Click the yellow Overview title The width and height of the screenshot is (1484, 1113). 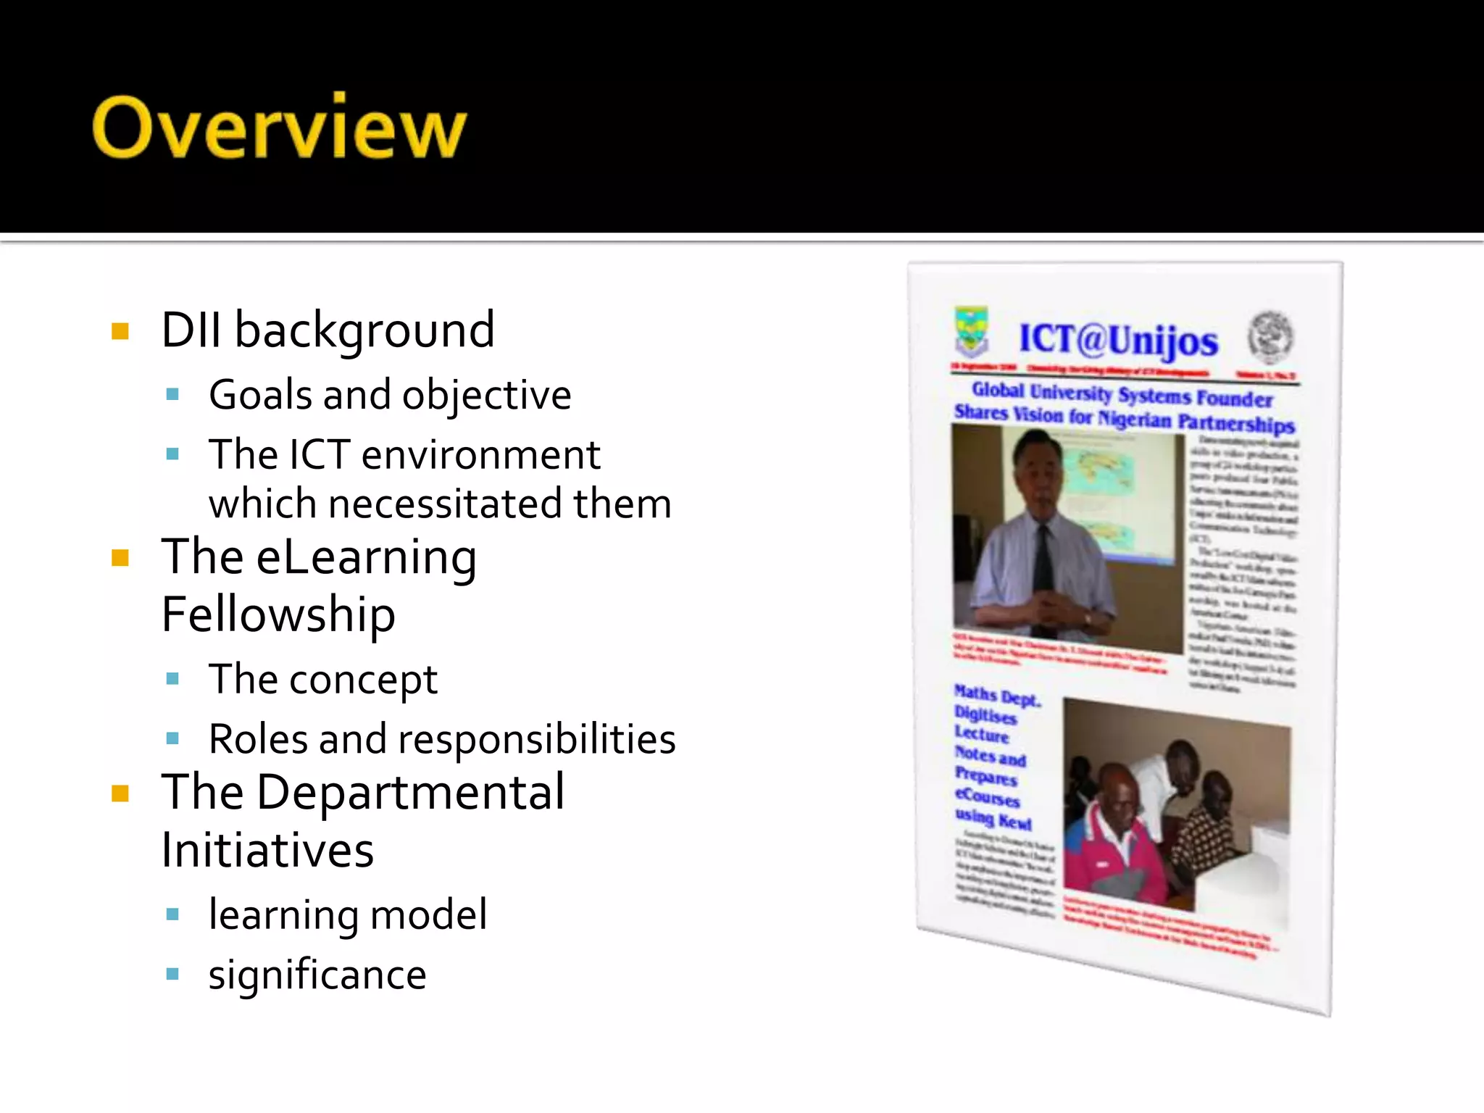[x=279, y=128]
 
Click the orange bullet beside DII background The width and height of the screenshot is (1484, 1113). [x=120, y=332]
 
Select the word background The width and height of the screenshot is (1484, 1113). [x=364, y=330]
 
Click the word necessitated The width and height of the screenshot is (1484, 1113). [x=445, y=504]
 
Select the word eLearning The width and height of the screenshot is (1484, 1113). [x=366, y=558]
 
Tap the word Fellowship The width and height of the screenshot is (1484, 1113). [x=278, y=614]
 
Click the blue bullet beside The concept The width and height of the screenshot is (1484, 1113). [x=172, y=679]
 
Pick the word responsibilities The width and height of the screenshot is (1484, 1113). [x=536, y=739]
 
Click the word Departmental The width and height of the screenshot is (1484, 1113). [x=410, y=792]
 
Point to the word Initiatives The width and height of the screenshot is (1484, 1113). [x=267, y=850]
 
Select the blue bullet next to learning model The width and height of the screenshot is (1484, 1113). [x=172, y=914]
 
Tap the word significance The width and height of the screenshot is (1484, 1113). [x=317, y=975]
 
